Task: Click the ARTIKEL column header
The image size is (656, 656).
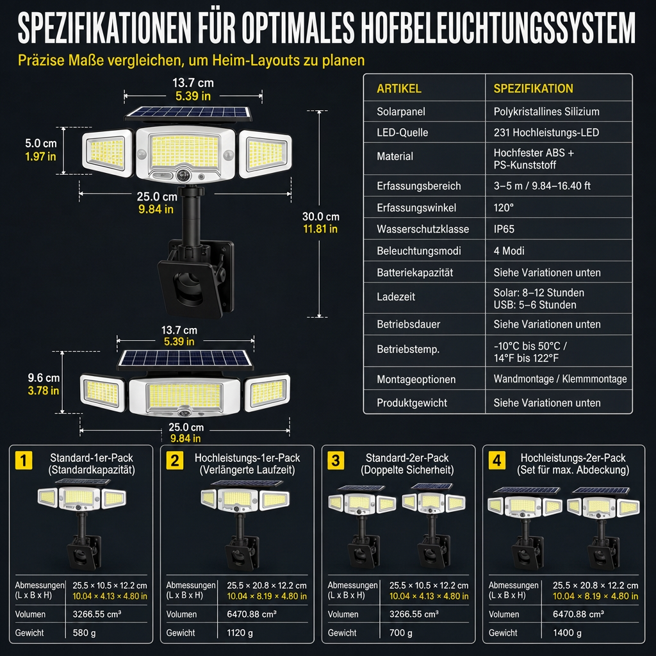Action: [398, 88]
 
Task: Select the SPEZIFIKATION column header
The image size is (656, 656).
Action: [533, 88]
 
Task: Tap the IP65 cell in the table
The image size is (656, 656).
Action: [504, 229]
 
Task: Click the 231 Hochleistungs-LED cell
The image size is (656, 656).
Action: [546, 133]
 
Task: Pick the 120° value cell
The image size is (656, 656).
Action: [504, 208]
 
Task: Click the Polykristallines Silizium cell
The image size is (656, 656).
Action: [546, 111]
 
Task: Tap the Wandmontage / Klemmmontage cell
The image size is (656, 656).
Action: [560, 379]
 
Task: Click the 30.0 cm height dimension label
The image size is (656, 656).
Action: [320, 217]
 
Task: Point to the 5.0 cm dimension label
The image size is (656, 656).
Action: [40, 143]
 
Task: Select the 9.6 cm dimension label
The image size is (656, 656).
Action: [44, 378]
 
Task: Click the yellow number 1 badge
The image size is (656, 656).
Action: [24, 460]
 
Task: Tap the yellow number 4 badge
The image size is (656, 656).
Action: [496, 460]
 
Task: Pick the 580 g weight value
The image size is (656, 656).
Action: [85, 632]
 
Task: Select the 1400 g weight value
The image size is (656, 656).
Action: [567, 632]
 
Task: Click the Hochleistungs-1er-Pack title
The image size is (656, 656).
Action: [247, 458]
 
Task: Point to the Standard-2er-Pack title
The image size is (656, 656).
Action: [407, 458]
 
